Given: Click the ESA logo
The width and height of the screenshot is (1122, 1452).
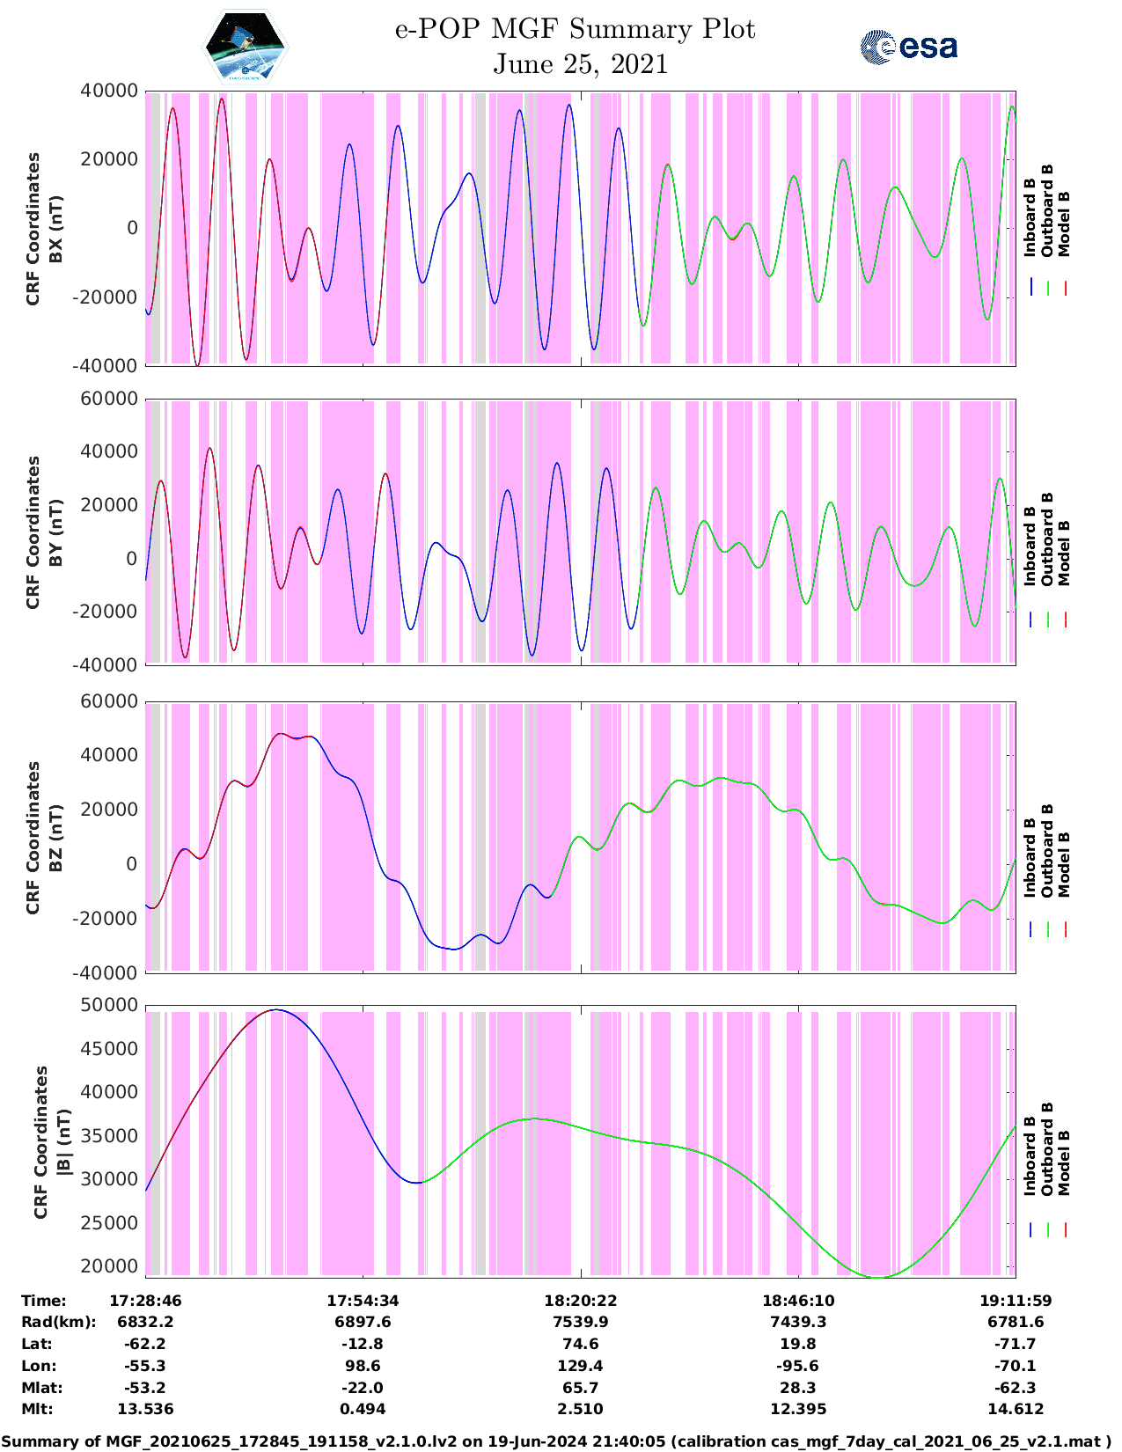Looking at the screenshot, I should click(x=908, y=47).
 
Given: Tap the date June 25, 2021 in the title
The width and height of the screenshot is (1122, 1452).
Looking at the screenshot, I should click(x=580, y=64).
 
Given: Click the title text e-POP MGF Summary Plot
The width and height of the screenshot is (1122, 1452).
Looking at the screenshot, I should click(x=575, y=29).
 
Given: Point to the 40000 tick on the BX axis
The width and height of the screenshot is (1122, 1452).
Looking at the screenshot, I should click(x=109, y=91).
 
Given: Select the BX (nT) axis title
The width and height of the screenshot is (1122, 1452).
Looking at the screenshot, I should click(x=45, y=229).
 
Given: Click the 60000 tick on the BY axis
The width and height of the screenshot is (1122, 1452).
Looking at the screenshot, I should click(x=109, y=399).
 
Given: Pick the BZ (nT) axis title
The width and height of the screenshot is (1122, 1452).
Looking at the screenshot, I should click(x=45, y=838).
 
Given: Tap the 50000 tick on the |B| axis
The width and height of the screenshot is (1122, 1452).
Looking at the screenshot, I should click(x=109, y=1005).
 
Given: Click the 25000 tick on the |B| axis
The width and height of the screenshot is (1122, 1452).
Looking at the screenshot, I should click(x=109, y=1222).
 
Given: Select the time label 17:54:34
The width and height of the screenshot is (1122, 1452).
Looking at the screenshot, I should click(x=363, y=1300).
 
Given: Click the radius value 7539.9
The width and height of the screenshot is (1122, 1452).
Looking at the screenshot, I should click(x=580, y=1322).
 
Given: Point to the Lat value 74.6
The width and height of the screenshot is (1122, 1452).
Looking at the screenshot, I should click(x=580, y=1344).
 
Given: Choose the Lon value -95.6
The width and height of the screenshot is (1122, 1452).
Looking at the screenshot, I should click(x=798, y=1366).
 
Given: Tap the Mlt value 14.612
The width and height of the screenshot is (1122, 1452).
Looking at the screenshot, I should click(x=1016, y=1409).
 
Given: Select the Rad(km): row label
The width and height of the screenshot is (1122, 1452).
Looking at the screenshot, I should click(x=58, y=1322).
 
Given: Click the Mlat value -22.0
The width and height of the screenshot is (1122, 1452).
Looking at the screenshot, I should click(x=363, y=1388).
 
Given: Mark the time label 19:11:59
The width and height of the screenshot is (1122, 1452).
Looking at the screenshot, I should click(x=1016, y=1300).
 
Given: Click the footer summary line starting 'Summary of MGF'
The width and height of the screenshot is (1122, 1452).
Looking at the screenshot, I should click(x=561, y=1441).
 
